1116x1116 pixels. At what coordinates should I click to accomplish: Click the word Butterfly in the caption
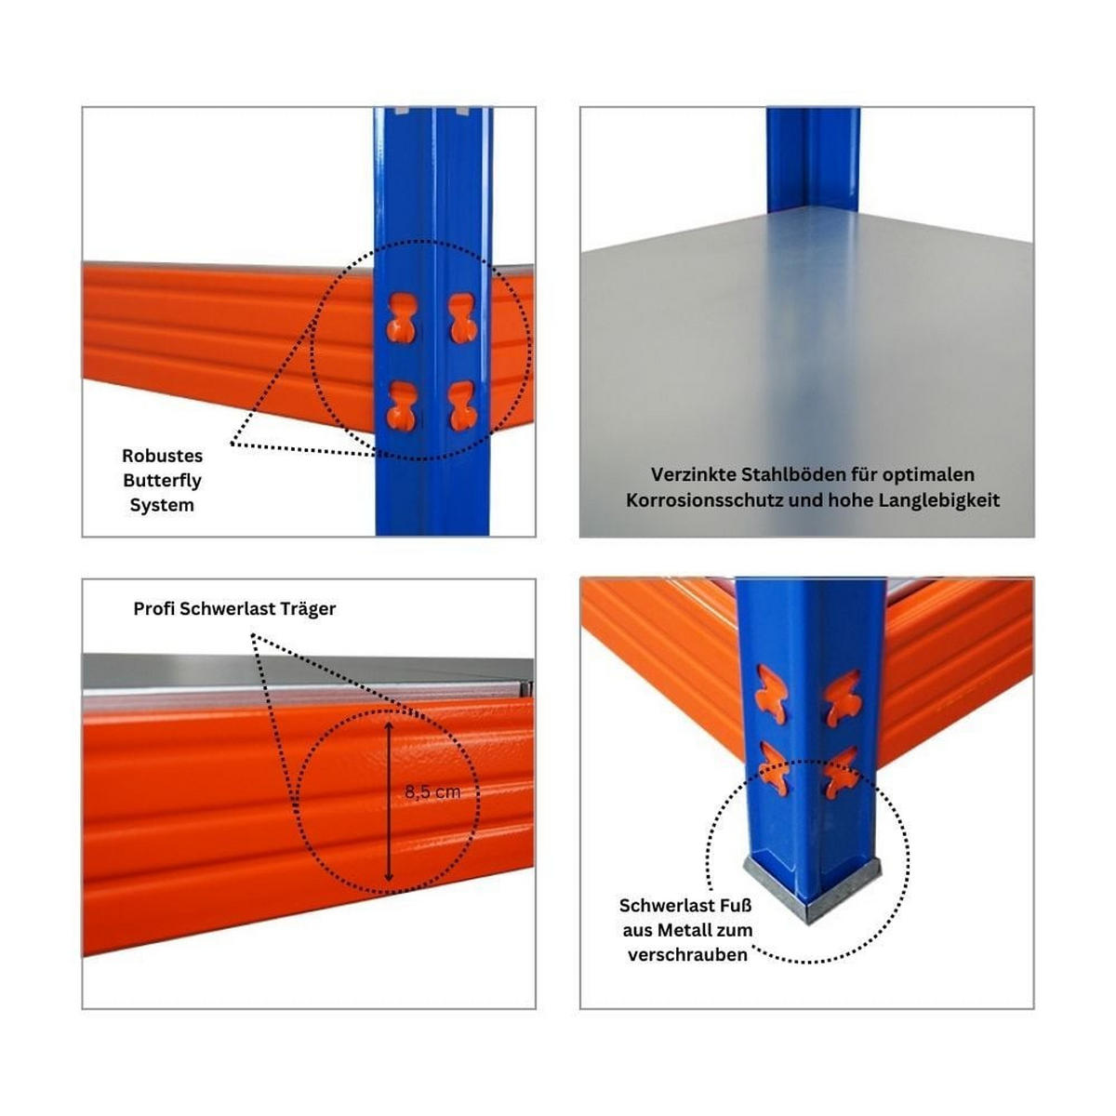(162, 481)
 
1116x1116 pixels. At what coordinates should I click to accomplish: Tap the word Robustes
(162, 456)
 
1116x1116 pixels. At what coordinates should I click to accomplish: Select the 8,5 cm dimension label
(432, 792)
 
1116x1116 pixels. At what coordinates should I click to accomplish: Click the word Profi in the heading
(154, 608)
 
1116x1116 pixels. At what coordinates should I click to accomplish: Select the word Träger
(307, 608)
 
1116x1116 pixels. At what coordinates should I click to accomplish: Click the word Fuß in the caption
(735, 905)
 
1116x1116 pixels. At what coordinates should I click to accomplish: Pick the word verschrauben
(687, 954)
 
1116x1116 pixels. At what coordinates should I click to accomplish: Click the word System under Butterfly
(162, 505)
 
